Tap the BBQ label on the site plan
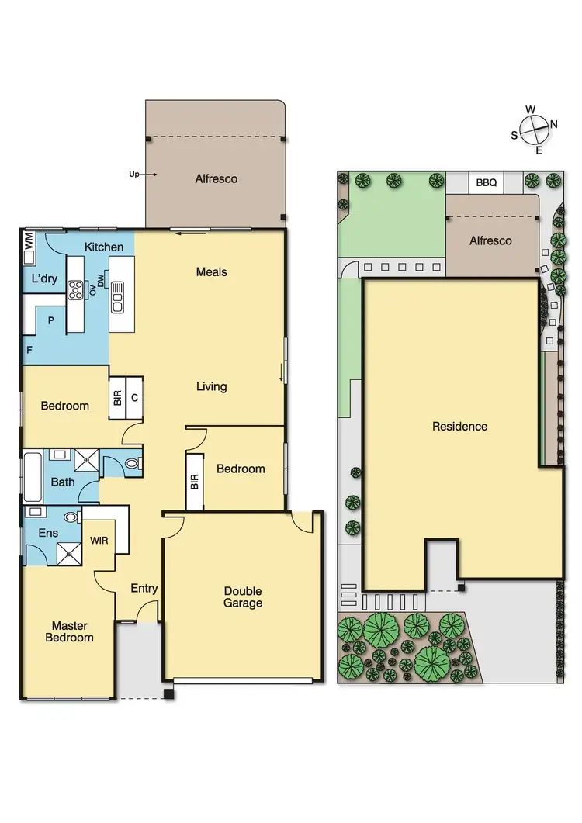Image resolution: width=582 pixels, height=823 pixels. pyautogui.click(x=487, y=183)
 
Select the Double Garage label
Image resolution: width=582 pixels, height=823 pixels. pyautogui.click(x=243, y=597)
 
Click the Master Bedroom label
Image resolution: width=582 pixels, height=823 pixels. pyautogui.click(x=72, y=631)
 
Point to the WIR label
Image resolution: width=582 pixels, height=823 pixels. pyautogui.click(x=99, y=539)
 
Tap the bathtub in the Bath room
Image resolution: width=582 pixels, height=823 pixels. pyautogui.click(x=33, y=476)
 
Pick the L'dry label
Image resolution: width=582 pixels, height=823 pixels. pyautogui.click(x=44, y=278)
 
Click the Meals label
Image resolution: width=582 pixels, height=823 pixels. pyautogui.click(x=211, y=272)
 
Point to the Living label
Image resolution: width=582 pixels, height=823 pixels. pyautogui.click(x=211, y=386)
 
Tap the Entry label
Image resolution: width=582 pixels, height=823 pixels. pyautogui.click(x=144, y=589)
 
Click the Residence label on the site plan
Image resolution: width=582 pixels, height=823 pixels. pyautogui.click(x=459, y=427)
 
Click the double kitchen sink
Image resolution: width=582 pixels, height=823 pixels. pyautogui.click(x=117, y=296)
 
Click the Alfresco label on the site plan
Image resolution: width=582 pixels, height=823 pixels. pyautogui.click(x=490, y=241)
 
